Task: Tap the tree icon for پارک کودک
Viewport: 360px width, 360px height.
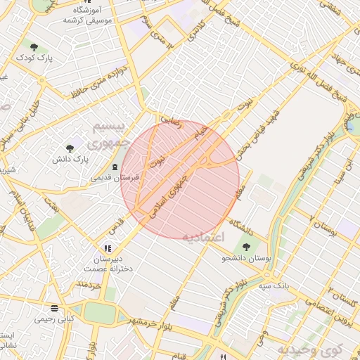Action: point(34,46)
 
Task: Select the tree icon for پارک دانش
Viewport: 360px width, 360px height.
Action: point(70,148)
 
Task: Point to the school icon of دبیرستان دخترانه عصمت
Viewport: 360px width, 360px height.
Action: point(107,248)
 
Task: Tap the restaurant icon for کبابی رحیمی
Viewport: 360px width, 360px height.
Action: point(54,308)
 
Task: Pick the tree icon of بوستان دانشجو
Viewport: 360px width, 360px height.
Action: point(247,247)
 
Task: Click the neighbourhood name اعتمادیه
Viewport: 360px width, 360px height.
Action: point(205,236)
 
